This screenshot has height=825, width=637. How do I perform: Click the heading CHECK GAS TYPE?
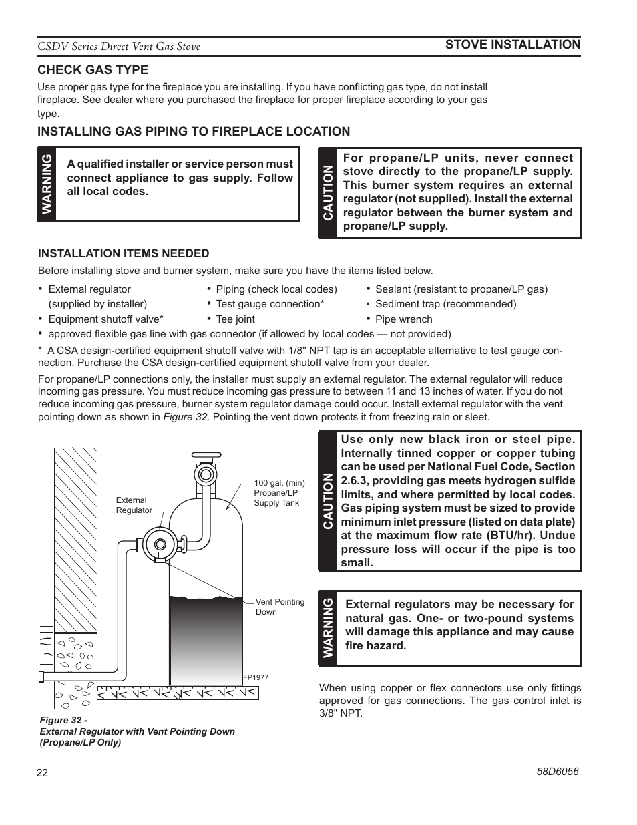tap(93, 70)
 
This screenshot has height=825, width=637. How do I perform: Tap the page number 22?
tap(43, 773)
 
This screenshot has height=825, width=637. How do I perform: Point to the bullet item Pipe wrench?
tap(403, 319)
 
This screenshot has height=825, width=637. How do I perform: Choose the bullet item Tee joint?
tap(235, 319)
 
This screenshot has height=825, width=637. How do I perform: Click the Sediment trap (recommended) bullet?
tap(445, 304)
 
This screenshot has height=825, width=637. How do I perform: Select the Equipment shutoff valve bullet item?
tap(105, 319)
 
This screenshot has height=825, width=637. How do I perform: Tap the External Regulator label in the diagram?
tap(133, 505)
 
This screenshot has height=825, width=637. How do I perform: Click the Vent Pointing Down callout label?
tap(279, 607)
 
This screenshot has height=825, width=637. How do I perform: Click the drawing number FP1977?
tap(255, 677)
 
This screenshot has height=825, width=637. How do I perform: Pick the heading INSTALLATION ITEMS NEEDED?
tap(124, 254)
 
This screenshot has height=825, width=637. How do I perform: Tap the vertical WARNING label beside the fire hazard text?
tap(328, 628)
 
